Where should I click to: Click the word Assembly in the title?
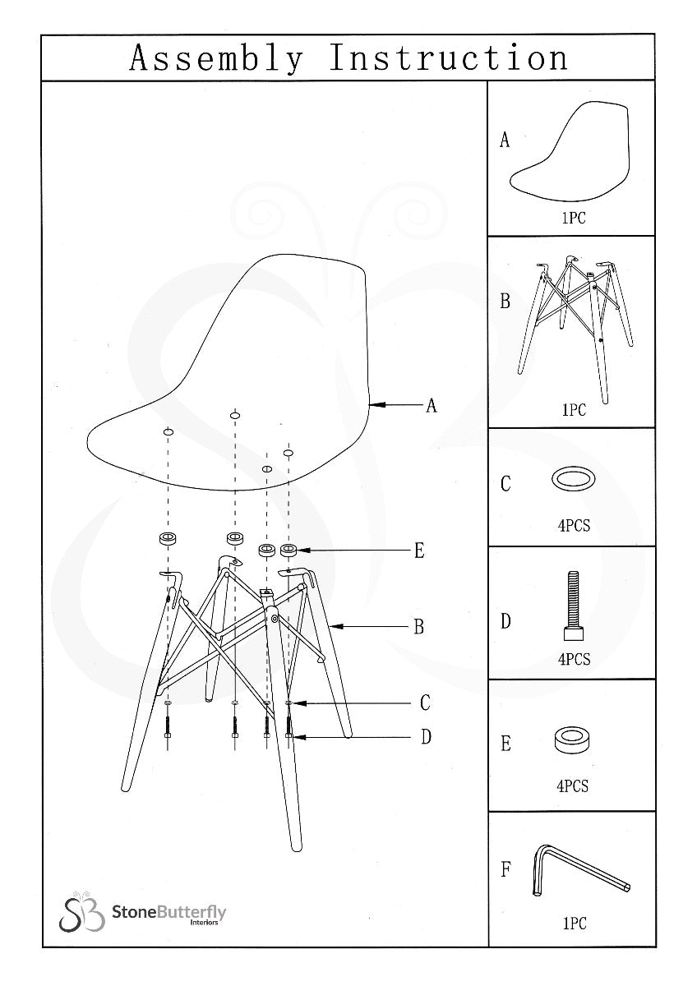(216, 59)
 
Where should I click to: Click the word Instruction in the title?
(448, 59)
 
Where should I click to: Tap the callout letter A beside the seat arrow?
(431, 405)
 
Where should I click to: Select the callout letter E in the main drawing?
(419, 551)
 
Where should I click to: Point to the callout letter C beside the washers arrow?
(425, 703)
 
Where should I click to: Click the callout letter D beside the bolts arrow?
(426, 737)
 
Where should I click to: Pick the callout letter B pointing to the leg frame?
(419, 627)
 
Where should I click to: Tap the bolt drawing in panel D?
(574, 608)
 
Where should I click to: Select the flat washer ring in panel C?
(574, 479)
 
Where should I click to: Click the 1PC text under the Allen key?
(574, 924)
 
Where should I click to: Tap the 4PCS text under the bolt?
(574, 659)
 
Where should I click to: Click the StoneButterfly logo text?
(168, 912)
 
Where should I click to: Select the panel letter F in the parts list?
(505, 869)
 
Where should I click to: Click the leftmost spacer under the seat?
(168, 539)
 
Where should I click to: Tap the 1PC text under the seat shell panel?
(574, 219)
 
